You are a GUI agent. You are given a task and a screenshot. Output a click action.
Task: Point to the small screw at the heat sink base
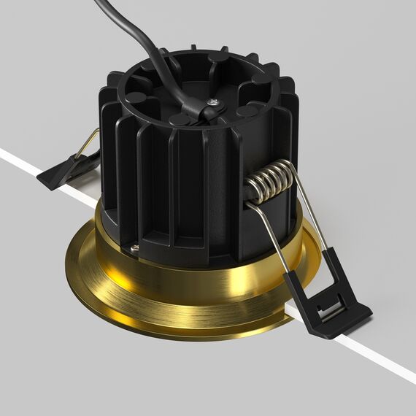coord(135,248)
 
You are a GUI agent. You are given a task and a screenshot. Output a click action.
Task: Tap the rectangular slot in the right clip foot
coord(333,310)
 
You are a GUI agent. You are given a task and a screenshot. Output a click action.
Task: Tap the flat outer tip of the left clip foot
coord(47,182)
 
